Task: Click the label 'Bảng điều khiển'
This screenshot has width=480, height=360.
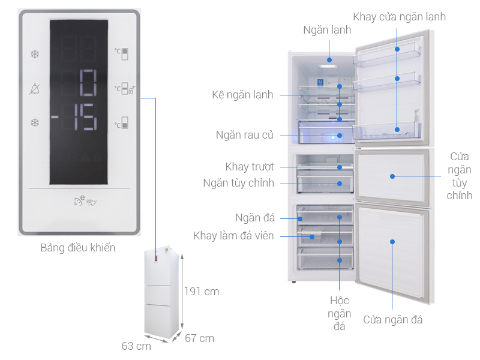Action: click(78, 247)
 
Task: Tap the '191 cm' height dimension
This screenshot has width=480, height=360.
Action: click(202, 292)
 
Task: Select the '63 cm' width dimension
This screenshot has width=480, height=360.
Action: click(136, 346)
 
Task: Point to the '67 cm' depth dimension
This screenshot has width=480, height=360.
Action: click(199, 338)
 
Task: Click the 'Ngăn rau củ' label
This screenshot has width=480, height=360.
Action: click(244, 135)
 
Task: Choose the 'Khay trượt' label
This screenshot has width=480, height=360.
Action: click(250, 167)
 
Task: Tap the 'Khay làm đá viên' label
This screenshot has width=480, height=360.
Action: click(233, 236)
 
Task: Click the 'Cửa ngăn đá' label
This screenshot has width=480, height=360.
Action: click(393, 320)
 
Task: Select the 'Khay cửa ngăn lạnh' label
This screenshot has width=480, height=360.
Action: click(399, 17)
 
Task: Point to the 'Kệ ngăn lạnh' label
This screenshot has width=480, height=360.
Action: click(242, 95)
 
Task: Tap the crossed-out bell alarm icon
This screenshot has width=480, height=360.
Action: click(35, 89)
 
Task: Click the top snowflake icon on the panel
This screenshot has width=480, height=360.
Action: click(35, 55)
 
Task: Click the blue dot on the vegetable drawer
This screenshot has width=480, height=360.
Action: click(340, 136)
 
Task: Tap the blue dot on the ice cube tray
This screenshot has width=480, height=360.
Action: click(312, 236)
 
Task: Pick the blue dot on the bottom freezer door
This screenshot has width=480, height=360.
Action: click(392, 242)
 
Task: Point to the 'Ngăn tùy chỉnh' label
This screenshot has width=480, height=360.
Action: click(238, 183)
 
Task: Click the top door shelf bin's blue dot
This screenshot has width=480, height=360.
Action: click(397, 49)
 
